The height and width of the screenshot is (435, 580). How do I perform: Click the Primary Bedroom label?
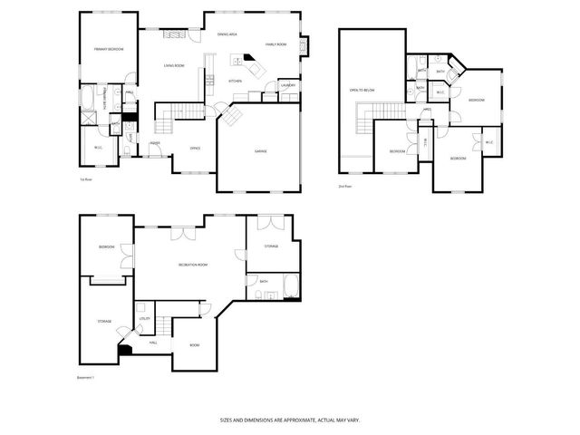click(109, 49)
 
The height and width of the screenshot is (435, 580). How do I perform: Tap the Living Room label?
click(174, 65)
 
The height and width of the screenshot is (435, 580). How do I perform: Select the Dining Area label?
click(227, 34)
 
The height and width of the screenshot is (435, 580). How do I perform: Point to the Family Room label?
click(275, 43)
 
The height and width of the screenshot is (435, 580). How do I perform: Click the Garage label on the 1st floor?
click(260, 150)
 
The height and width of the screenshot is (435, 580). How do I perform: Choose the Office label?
click(195, 148)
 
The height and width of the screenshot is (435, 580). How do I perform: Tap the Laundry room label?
click(288, 85)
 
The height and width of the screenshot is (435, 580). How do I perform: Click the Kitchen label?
click(235, 81)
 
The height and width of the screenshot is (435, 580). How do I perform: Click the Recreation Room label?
click(193, 264)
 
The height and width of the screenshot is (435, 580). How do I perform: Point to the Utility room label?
click(144, 318)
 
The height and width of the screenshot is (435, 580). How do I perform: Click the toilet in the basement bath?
click(275, 295)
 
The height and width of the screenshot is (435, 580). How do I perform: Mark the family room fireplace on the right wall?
click(304, 44)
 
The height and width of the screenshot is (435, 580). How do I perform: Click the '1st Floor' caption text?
click(86, 179)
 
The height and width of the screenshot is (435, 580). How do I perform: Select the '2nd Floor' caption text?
click(345, 187)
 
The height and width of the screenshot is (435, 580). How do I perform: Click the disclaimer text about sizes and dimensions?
click(289, 420)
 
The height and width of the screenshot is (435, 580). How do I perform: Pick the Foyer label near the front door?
click(155, 142)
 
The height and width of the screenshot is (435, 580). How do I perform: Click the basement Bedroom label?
click(107, 246)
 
